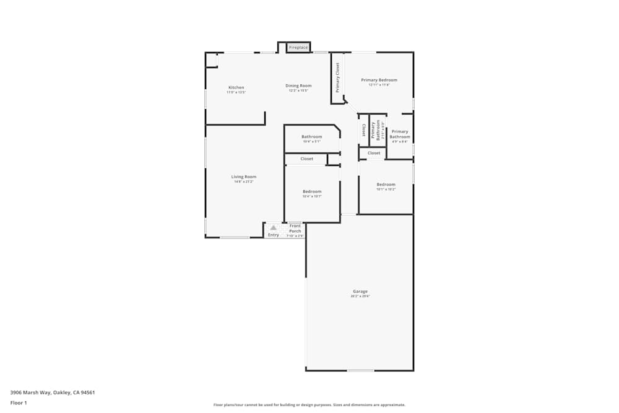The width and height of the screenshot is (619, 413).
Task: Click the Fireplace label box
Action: (298, 48)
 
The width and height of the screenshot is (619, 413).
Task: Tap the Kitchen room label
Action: (236, 87)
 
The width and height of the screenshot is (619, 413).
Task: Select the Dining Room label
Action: (298, 85)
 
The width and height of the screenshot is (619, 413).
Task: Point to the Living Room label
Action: (244, 176)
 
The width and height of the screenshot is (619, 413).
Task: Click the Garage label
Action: (360, 291)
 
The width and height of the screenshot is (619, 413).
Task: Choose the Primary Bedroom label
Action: (379, 80)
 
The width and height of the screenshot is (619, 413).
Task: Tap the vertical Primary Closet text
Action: (338, 78)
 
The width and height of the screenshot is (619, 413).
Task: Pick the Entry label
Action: (273, 235)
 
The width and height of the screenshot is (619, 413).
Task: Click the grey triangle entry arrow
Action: (273, 228)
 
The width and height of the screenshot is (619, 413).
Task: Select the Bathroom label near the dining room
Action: (312, 136)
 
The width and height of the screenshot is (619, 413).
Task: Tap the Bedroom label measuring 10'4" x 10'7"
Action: (312, 191)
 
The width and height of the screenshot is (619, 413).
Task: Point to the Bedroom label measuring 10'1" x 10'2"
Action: (386, 184)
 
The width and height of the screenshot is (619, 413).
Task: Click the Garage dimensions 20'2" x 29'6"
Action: (360, 297)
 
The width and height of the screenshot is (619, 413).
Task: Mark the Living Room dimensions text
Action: (244, 182)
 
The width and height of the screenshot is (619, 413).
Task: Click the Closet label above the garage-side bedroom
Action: (374, 153)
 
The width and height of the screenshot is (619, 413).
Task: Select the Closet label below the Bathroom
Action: (307, 159)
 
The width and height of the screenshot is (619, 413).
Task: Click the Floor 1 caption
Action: (19, 402)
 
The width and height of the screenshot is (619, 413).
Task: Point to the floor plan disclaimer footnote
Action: (309, 405)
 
